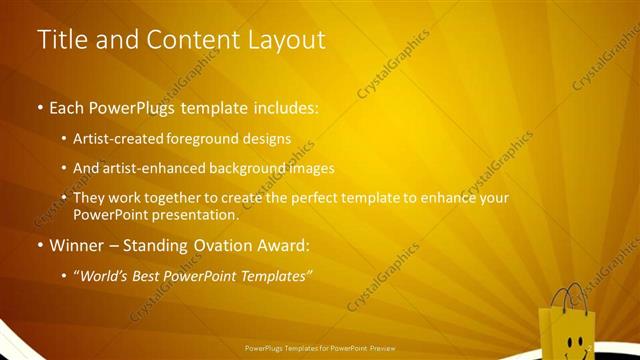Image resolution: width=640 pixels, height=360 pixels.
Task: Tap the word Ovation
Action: pyautogui.click(x=212, y=245)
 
